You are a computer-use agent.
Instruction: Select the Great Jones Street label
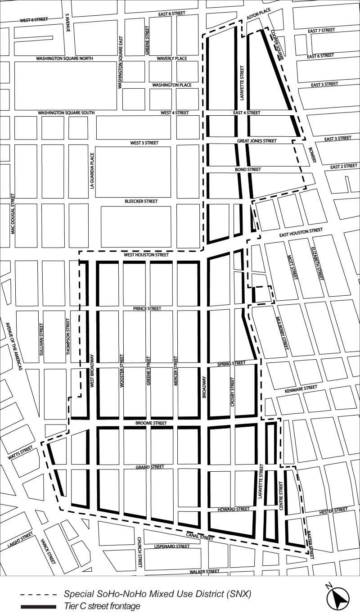257,141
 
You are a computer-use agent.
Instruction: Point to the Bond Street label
248,170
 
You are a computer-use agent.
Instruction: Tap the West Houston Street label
147,255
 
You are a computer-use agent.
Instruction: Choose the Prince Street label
147,309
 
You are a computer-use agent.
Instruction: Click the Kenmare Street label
297,388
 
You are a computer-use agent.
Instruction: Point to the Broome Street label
151,424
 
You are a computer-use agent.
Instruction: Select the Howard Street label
234,509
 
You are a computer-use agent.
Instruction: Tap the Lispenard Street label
172,546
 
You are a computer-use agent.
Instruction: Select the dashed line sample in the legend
38,594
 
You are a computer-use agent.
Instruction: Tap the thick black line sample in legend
38,606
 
